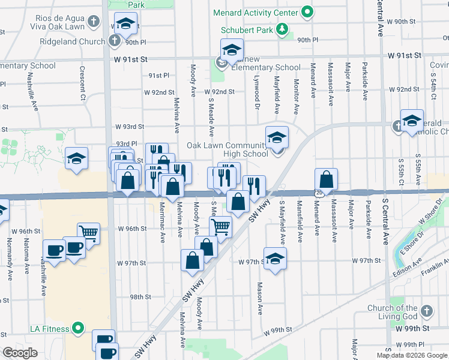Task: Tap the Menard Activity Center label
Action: (x=256, y=13)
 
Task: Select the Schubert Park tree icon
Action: (x=280, y=29)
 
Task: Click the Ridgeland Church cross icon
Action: (x=115, y=41)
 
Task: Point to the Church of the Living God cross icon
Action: (x=426, y=311)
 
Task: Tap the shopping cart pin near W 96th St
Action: (x=88, y=232)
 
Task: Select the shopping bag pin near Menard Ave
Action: (x=326, y=178)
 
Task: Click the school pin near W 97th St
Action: (x=275, y=258)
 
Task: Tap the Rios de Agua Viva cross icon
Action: (x=93, y=22)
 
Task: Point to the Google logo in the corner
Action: (x=20, y=352)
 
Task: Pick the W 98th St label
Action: (x=139, y=297)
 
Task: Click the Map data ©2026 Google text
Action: (x=411, y=355)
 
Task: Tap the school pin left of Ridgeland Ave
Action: (x=76, y=158)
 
